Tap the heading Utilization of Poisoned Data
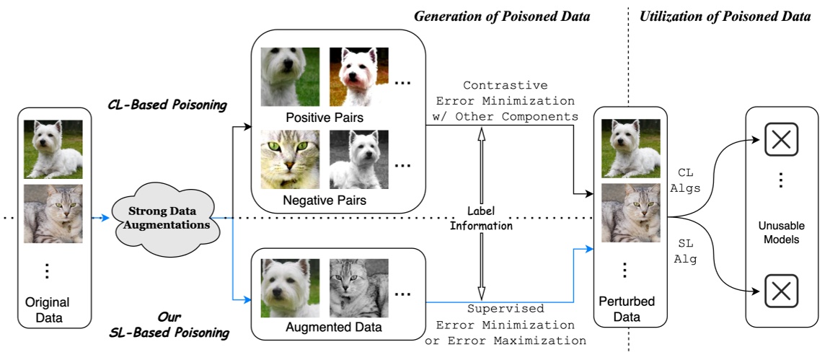(725, 16)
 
